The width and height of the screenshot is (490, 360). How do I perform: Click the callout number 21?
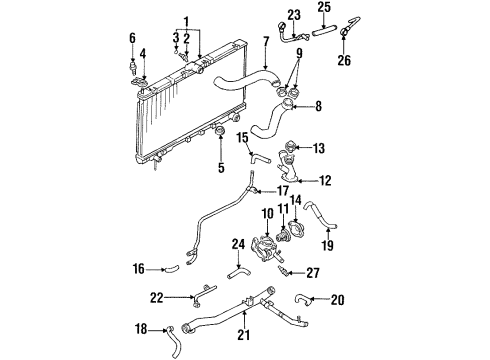pos(243,335)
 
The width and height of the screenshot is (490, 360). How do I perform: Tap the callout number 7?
pos(266,42)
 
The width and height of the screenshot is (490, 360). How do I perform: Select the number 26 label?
pos(344,60)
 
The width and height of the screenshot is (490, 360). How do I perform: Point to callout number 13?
pos(319,148)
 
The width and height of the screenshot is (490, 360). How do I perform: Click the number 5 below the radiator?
pos(221,168)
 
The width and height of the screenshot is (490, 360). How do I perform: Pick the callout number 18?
pos(141,329)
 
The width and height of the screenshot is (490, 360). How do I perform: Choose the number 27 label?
pos(313,273)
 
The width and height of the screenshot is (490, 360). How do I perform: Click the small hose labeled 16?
pos(171,268)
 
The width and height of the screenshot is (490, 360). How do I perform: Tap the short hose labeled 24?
pos(239,272)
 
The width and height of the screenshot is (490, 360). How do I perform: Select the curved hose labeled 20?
pos(303,299)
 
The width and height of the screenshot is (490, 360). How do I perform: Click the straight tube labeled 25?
pos(324,32)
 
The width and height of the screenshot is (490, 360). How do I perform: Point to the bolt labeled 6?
pos(133,67)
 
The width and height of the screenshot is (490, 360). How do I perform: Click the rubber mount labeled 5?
pos(220,131)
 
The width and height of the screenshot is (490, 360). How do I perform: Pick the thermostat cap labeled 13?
pos(289,147)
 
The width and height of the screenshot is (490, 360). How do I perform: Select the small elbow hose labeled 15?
pos(260,157)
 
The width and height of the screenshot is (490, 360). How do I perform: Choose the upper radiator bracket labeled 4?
pos(140,82)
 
